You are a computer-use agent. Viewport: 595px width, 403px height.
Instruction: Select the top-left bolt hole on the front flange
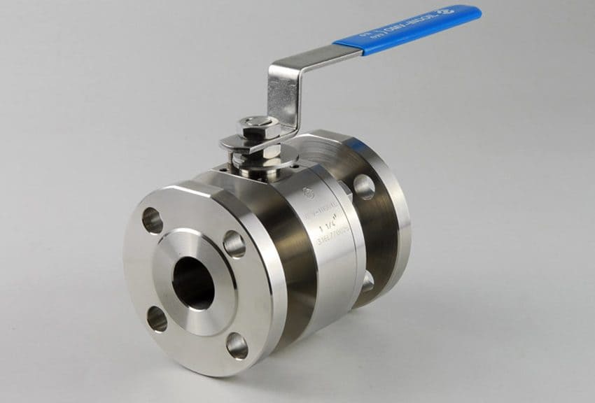(153, 220)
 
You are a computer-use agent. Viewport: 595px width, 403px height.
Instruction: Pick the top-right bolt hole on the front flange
(234, 243)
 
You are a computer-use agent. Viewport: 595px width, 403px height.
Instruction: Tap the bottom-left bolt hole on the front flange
(157, 319)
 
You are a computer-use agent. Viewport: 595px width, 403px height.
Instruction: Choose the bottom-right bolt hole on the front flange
(237, 345)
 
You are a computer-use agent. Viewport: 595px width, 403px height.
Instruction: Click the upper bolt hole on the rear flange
(364, 187)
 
